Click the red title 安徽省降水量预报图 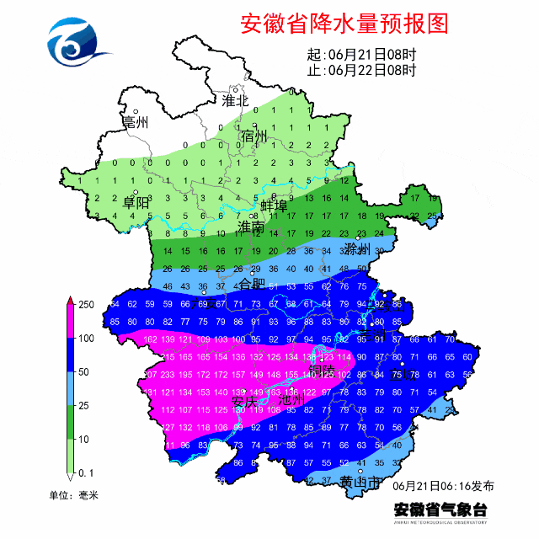pos(344,23)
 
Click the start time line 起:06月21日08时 pos(361,55)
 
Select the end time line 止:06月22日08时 pos(361,71)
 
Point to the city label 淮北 pos(236,101)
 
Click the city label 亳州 pos(135,123)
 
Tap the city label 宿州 pos(253,136)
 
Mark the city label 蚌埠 pos(274,206)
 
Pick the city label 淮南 pos(250,227)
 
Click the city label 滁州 pos(357,249)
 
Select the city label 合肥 pos(250,283)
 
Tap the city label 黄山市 pos(360,481)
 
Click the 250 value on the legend pos(87,305)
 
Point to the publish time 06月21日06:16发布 pos(444,486)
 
